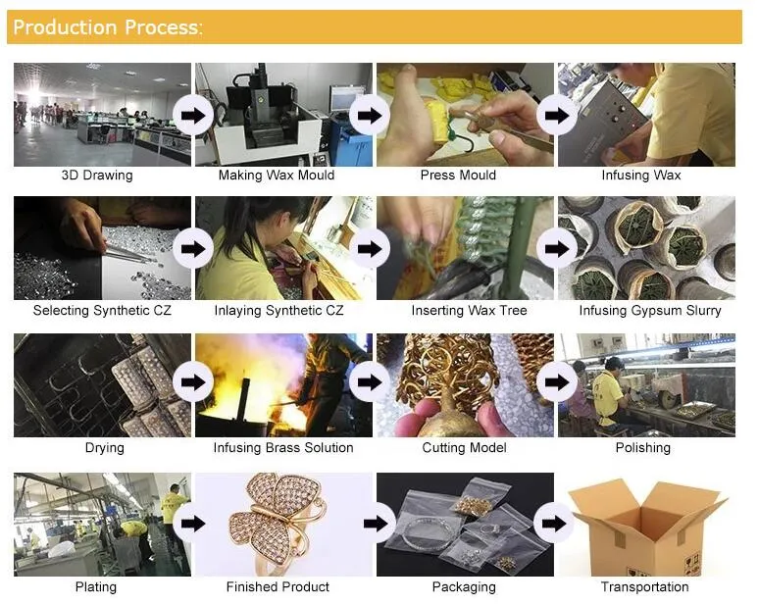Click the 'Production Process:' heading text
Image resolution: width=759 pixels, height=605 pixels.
[108, 27]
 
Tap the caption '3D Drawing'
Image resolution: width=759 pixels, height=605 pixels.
[97, 176]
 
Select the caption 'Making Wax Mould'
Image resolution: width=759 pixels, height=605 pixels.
[277, 176]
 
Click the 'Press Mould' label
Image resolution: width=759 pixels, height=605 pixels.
[458, 176]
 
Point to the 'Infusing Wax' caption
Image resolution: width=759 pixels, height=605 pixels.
[641, 176]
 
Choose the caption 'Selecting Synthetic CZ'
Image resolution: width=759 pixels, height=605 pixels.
[102, 310]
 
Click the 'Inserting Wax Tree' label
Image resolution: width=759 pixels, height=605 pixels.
[469, 310]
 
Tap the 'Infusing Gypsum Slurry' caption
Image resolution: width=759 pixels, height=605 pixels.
[650, 310]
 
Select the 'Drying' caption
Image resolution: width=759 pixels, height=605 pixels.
[105, 448]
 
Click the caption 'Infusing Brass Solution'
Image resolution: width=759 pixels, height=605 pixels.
[283, 448]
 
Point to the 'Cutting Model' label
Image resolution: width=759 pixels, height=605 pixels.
[464, 448]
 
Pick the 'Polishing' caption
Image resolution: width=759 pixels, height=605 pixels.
[643, 448]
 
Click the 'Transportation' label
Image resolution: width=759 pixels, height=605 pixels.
[645, 587]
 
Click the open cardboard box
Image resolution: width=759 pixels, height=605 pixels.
[647, 527]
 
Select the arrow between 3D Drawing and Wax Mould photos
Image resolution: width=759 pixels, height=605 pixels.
[193, 116]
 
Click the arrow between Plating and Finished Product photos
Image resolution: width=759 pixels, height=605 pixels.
[193, 524]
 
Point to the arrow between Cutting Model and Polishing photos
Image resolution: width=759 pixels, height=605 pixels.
[557, 381]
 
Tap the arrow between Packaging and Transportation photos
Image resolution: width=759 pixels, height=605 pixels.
[554, 524]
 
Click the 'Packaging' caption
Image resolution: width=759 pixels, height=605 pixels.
[464, 587]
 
